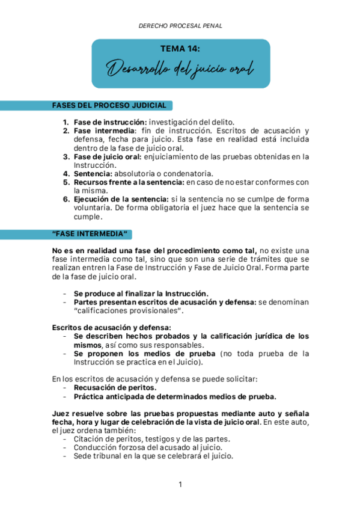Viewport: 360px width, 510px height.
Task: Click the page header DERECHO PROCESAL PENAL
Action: point(180,26)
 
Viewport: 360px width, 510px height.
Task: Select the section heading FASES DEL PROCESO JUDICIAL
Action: point(109,106)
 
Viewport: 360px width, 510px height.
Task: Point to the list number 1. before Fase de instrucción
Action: point(66,122)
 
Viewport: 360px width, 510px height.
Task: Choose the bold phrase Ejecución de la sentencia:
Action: point(121,199)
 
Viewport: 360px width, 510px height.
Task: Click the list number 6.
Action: point(66,199)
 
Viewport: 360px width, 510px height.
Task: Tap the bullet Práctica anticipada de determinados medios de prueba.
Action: point(175,396)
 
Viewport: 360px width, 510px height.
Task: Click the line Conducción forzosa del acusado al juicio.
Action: point(148,447)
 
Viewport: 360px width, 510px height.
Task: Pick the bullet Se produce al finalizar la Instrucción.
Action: point(141,293)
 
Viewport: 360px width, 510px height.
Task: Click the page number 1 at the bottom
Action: point(180,484)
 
